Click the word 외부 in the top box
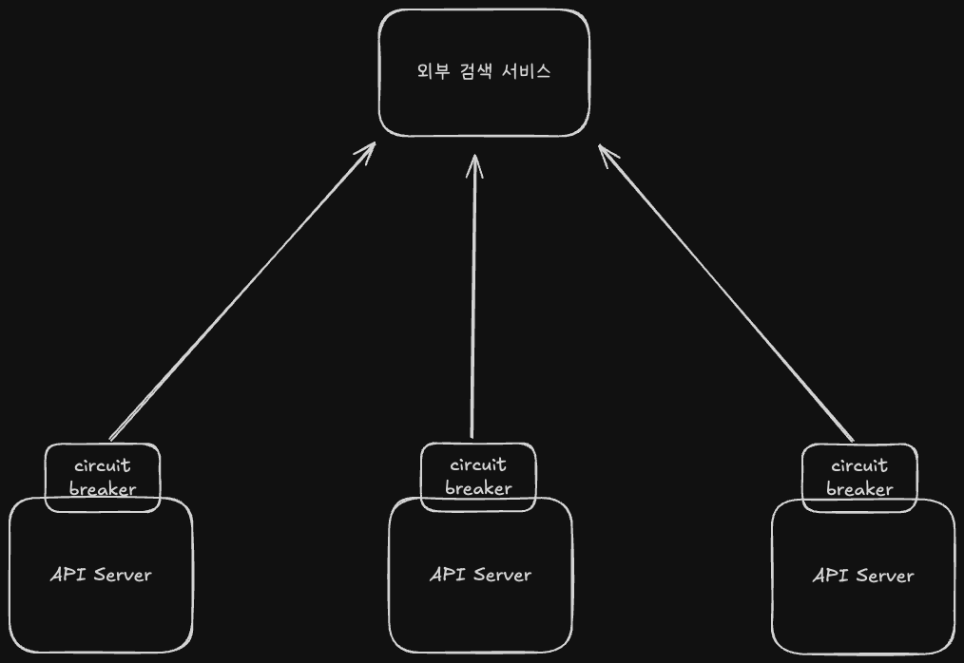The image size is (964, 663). coord(433,72)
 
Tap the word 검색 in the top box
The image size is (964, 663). coord(483,72)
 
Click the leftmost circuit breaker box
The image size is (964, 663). coord(103,477)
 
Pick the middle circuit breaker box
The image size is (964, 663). coord(478,476)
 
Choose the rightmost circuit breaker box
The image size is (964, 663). coord(859,477)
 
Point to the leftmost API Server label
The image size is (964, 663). coord(101,574)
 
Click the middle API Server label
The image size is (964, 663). coord(480,574)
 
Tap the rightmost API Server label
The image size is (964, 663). coord(863,576)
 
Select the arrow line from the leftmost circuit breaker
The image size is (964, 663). coord(242,292)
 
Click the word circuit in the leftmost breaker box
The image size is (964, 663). coord(102,465)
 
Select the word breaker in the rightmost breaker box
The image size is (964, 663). coord(859,489)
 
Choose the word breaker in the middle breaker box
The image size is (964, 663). coord(478,488)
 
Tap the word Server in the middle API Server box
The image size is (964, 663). coord(502,574)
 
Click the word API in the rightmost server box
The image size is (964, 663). coord(830,576)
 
